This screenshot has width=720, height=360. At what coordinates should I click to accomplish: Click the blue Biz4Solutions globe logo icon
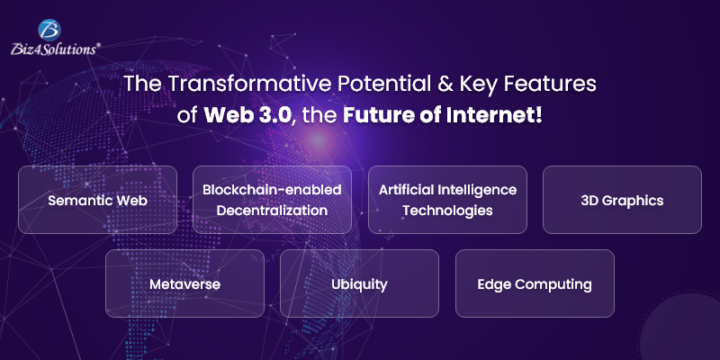(50, 31)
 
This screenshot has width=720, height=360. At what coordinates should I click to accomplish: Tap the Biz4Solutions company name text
(53, 49)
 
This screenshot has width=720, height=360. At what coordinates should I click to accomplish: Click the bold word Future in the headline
(372, 116)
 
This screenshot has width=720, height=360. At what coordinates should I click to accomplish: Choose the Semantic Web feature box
(97, 200)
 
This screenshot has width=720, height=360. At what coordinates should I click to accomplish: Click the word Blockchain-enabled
(272, 190)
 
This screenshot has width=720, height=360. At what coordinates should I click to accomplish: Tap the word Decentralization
(272, 211)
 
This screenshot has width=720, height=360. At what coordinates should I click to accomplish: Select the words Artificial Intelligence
(447, 190)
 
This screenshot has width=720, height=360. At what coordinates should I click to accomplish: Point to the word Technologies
(447, 211)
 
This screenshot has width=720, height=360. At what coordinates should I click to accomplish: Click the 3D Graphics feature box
(622, 200)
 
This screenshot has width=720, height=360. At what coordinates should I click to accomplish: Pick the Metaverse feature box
(184, 283)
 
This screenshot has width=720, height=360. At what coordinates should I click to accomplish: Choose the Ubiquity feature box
(359, 283)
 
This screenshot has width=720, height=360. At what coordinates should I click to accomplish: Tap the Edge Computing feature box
(535, 283)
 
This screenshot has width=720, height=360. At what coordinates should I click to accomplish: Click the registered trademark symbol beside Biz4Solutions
(98, 44)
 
